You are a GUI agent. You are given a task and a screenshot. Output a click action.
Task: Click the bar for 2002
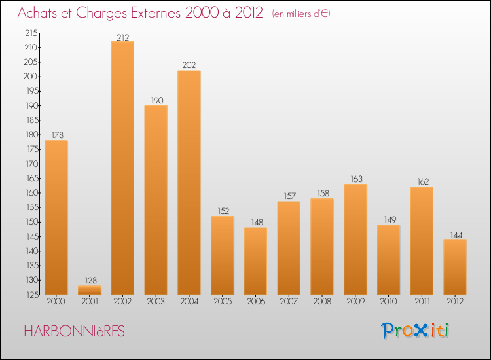(x=122, y=168)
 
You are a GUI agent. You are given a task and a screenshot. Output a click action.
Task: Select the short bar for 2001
(x=90, y=289)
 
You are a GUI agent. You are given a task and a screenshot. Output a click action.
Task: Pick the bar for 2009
(x=355, y=239)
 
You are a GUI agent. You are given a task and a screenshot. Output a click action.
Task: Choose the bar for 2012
(x=455, y=266)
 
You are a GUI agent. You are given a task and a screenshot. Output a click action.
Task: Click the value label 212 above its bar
(x=122, y=37)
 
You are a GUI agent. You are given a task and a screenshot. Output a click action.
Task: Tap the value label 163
(x=355, y=179)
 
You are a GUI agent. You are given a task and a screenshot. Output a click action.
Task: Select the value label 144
(x=455, y=234)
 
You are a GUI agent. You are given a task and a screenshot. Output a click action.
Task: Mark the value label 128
(x=90, y=281)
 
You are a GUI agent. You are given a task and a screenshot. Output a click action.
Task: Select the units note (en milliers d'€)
(x=300, y=14)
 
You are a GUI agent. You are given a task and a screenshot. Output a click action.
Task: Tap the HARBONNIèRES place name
(x=73, y=331)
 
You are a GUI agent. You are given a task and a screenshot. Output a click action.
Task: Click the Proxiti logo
(x=416, y=331)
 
